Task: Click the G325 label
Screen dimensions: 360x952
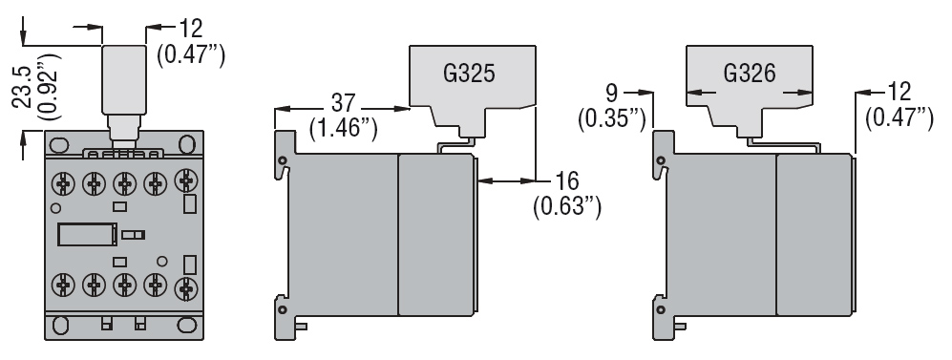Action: [467, 75]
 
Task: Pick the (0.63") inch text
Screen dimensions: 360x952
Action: [567, 205]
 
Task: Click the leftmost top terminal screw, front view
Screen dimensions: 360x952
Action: [64, 180]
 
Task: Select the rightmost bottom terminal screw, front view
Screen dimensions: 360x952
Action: [185, 285]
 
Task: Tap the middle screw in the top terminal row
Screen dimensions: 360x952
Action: [125, 180]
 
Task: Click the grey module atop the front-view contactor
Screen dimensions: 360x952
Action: [124, 81]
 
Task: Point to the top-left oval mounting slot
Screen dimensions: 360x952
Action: [59, 144]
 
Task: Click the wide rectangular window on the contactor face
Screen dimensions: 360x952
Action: [87, 233]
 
